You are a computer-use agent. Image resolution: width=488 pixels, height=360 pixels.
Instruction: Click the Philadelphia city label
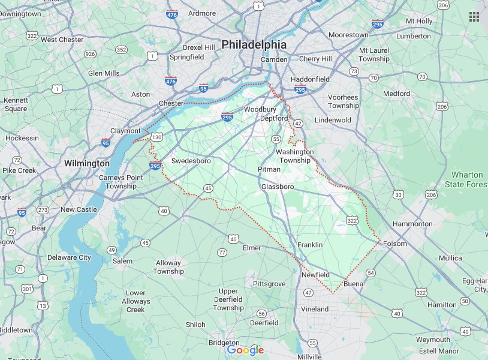[254, 44]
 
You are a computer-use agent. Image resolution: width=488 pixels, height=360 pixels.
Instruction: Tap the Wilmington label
[87, 163]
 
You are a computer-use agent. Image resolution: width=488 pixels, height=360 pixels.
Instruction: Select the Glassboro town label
[278, 187]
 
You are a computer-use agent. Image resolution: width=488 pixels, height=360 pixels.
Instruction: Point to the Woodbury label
[260, 109]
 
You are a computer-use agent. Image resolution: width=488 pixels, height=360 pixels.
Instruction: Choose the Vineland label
[315, 309]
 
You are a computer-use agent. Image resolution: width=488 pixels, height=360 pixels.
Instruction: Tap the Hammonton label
[412, 224]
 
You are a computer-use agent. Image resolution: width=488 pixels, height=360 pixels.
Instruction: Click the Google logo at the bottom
[246, 350]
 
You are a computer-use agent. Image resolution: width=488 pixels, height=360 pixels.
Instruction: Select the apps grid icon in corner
[474, 17]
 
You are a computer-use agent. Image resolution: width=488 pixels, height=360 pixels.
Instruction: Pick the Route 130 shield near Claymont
[156, 137]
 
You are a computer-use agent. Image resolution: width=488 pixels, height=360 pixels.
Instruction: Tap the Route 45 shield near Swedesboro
[208, 188]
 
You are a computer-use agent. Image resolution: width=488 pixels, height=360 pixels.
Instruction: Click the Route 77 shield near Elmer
[222, 253]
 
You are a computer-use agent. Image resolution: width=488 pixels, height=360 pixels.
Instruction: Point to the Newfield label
[315, 275]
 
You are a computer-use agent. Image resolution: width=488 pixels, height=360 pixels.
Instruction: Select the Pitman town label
[269, 169]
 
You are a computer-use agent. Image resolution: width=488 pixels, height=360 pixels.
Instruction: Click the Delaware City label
[69, 257]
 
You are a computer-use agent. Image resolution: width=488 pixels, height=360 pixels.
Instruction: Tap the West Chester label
[62, 40]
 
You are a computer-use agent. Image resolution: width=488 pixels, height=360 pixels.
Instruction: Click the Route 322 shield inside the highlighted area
[353, 221]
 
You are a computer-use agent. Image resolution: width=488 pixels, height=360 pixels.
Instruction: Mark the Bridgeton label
[224, 343]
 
